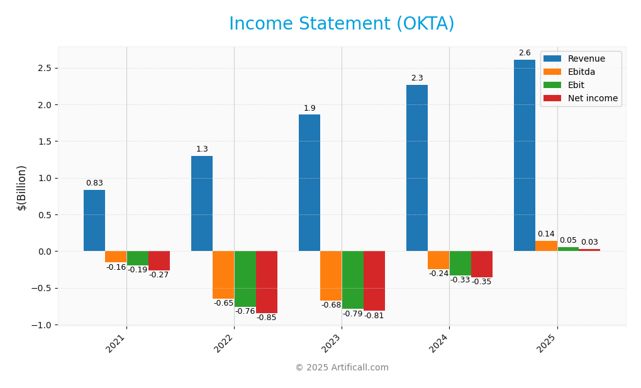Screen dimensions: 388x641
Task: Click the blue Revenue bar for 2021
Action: point(94,220)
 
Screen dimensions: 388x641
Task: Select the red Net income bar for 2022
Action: point(267,282)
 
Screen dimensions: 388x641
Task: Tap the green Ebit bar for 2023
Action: point(352,280)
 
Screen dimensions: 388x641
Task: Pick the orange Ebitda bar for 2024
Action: point(438,260)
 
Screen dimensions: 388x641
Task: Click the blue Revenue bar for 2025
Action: point(524,155)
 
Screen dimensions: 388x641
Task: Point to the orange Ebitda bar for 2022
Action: point(223,275)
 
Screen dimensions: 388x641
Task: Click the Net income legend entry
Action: point(581,99)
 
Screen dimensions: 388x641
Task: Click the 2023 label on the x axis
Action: point(332,343)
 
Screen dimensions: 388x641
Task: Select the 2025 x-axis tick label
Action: point(547,343)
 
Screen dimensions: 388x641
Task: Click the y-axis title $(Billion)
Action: point(22,187)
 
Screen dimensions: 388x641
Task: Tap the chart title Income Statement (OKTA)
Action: point(342,24)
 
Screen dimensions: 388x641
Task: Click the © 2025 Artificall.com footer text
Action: point(342,368)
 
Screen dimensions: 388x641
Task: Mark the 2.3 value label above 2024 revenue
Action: point(417,79)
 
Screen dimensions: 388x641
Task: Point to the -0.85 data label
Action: point(267,318)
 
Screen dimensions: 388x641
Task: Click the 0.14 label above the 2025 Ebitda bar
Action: point(546,234)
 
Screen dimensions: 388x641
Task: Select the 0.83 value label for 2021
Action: point(94,183)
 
